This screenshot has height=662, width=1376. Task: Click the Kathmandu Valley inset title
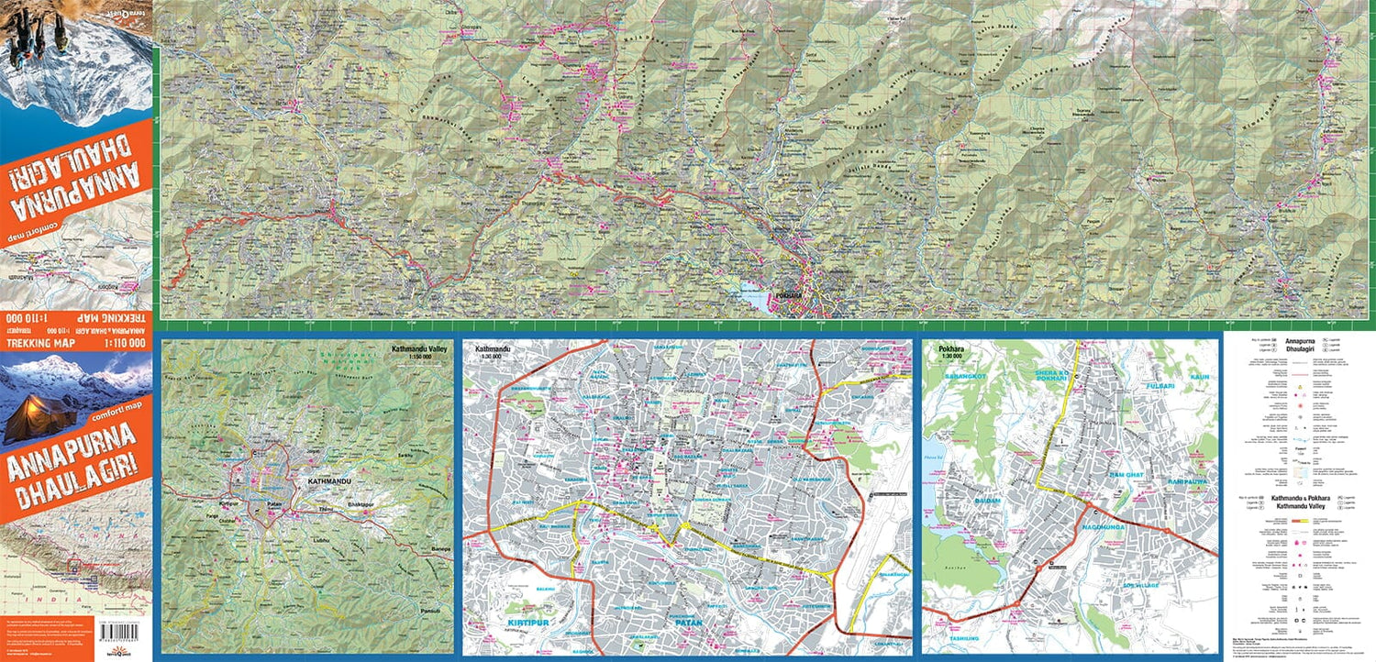[x=421, y=349]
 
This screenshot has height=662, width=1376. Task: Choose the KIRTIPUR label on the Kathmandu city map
[x=505, y=623]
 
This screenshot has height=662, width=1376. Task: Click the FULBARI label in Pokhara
[x=1165, y=387]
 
